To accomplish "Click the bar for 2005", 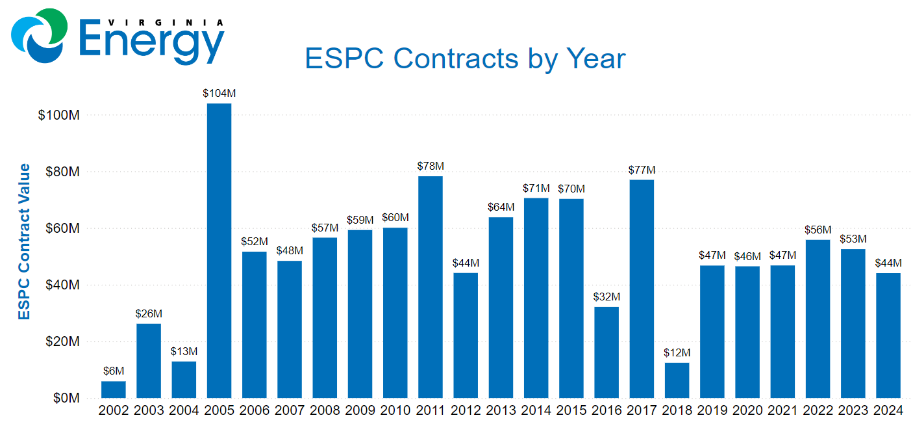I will [219, 250].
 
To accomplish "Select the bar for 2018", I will [677, 380].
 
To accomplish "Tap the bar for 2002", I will [114, 390].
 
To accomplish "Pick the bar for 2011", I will [431, 287].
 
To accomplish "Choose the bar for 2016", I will [607, 352].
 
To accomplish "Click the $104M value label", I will [219, 94].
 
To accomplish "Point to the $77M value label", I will [642, 170].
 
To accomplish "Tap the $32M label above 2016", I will [607, 297].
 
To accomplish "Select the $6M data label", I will [114, 371].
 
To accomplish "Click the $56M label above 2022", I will [818, 230].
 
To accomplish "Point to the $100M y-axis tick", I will [59, 115].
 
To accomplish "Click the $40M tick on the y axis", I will [62, 285].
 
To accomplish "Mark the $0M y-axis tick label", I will [65, 398].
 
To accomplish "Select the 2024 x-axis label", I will [888, 411].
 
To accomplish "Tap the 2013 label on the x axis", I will [501, 411].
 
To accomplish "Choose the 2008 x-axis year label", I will [325, 411].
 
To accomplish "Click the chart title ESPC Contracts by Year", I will [465, 59].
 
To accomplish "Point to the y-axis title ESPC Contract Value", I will [24, 242].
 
